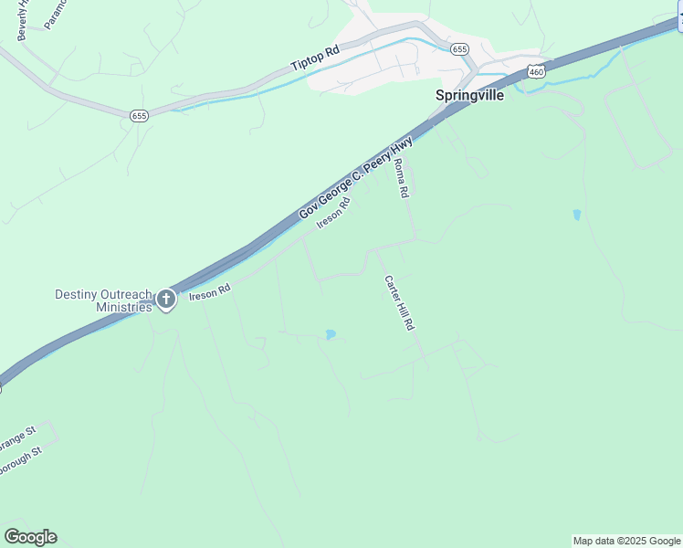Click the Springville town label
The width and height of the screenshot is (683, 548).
[468, 95]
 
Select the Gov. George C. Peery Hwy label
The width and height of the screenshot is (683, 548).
[356, 178]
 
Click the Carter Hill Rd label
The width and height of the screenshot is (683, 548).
[399, 302]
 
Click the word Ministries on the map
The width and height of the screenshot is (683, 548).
[123, 307]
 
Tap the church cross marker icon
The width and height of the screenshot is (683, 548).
[166, 300]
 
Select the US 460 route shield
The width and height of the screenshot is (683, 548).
[536, 71]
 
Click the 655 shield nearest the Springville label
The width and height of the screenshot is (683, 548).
[459, 48]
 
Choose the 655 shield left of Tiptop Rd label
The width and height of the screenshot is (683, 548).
[139, 115]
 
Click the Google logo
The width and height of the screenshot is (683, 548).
[30, 537]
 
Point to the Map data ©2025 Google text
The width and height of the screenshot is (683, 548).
[626, 541]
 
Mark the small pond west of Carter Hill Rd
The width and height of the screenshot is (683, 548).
[331, 335]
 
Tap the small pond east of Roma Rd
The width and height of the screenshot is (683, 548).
[576, 216]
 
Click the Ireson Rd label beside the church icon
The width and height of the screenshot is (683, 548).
[209, 291]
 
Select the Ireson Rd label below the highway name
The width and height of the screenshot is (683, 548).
[333, 216]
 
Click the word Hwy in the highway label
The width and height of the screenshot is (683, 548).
[402, 148]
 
